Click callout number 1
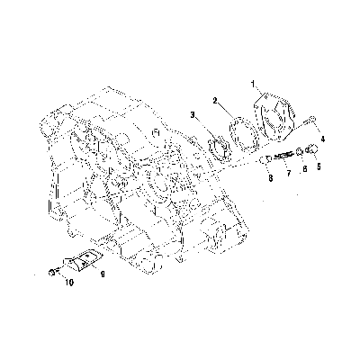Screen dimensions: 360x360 point(253,84)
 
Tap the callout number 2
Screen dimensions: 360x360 point(215,101)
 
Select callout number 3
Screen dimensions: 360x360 point(193,114)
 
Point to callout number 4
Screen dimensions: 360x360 point(323,139)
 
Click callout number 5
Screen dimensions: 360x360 point(319,166)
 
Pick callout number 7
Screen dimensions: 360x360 point(289,173)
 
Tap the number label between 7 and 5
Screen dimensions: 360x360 point(305,169)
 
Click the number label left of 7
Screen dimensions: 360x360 point(271,178)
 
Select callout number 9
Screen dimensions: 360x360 point(103,274)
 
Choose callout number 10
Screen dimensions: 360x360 point(69,283)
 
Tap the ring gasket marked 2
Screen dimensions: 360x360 point(244,133)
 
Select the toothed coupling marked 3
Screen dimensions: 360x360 point(218,148)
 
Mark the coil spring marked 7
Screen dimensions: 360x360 point(283,156)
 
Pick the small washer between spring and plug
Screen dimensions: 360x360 point(299,152)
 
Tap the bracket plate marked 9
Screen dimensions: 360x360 point(83,260)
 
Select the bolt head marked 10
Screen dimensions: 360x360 point(52,273)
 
